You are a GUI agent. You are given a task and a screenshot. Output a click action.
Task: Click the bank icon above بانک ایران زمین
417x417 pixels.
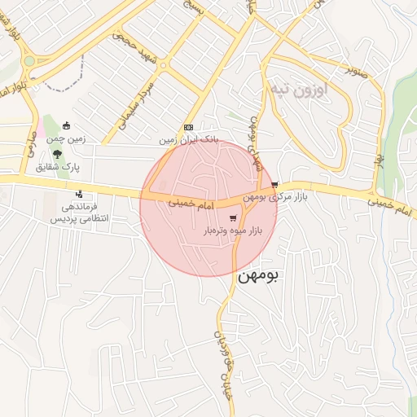(x=188, y=127)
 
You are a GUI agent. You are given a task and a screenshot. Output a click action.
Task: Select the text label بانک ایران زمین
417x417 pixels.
(x=188, y=139)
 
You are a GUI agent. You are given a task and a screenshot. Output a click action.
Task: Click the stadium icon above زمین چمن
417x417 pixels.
(x=67, y=126)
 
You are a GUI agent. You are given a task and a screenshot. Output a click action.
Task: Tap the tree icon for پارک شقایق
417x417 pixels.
(x=55, y=154)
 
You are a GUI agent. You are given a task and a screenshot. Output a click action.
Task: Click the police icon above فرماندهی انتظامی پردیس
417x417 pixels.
(x=79, y=194)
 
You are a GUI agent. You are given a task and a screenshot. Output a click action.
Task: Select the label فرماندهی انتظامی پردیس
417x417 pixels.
(x=80, y=213)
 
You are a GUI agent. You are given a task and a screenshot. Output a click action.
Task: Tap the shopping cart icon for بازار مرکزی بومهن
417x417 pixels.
(x=275, y=184)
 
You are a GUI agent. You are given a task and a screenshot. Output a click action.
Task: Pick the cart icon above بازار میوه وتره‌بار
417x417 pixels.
(x=234, y=218)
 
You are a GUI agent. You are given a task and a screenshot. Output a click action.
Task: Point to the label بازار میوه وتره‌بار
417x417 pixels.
(x=234, y=231)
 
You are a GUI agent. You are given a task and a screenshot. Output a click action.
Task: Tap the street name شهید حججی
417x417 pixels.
(x=133, y=39)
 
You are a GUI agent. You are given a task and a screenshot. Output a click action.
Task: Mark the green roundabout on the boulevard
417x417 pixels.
(x=29, y=60)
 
